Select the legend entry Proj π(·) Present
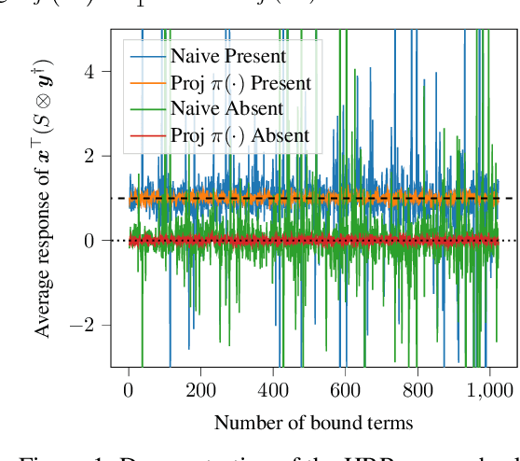coord(240,84)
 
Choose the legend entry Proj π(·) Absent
coord(239,136)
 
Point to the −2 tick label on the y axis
coord(86,325)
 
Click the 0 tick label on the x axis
coord(129,390)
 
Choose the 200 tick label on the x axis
coord(201,390)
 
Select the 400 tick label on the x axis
coord(273,390)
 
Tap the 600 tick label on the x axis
coord(345,390)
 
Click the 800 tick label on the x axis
coord(417,390)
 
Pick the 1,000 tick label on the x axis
coord(487,390)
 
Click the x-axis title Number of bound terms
coord(313,423)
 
